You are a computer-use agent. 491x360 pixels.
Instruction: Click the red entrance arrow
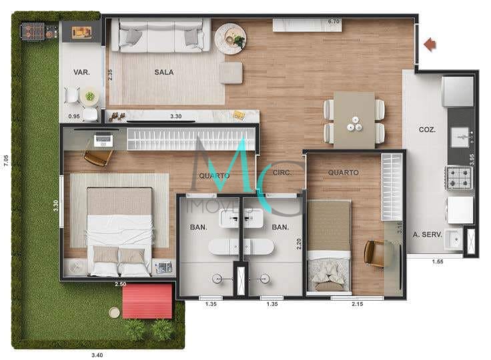(430, 45)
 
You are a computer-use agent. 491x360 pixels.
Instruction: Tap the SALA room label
(164, 73)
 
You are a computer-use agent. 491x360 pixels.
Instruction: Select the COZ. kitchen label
(427, 130)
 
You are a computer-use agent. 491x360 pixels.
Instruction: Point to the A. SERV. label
(425, 235)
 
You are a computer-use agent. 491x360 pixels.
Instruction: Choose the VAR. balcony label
(81, 73)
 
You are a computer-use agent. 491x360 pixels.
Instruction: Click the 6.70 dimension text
(334, 22)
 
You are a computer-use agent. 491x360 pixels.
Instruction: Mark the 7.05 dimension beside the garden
(6, 160)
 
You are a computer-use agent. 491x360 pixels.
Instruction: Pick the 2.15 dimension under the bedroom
(358, 305)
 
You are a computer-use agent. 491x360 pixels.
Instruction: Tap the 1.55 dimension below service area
(437, 261)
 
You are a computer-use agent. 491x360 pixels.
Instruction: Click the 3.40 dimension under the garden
(97, 355)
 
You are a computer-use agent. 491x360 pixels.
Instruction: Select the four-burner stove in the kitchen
(460, 178)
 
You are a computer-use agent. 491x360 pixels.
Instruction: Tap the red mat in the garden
(147, 301)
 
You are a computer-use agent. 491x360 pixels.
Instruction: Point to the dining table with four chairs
(354, 120)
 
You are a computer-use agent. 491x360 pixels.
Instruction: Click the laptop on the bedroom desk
(103, 140)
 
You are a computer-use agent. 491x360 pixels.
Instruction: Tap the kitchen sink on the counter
(460, 137)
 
